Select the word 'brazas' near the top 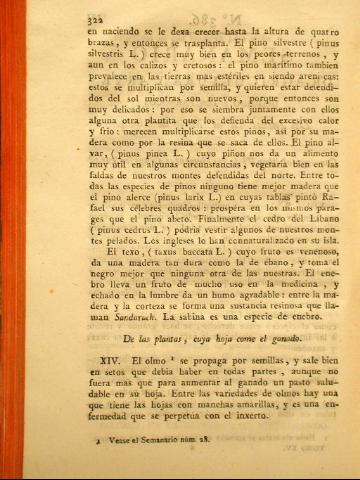click(x=82, y=45)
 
